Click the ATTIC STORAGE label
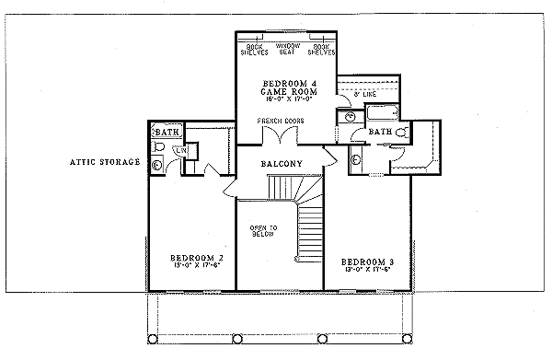point(105,162)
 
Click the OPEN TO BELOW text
point(263,230)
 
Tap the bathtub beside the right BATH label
point(380,115)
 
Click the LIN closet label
point(181,150)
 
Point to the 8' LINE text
point(364,95)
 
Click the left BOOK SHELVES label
point(255,48)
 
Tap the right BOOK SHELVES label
point(321,48)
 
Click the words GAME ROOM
point(288,90)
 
